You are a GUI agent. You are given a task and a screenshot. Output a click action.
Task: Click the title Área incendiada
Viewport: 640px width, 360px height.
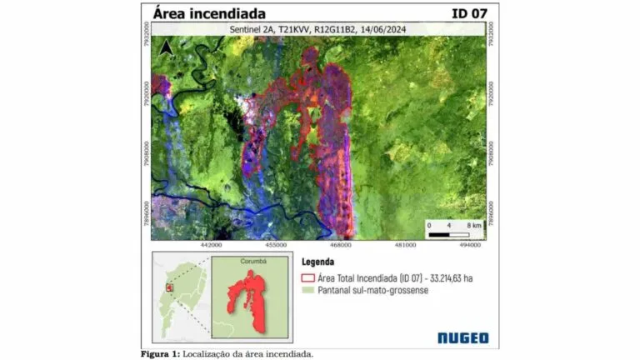pyautogui.click(x=209, y=14)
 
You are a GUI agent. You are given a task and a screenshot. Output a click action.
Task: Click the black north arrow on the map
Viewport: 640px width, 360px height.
pyautogui.click(x=167, y=48)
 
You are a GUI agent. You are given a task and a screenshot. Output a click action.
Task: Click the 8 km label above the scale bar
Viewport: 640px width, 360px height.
pyautogui.click(x=474, y=225)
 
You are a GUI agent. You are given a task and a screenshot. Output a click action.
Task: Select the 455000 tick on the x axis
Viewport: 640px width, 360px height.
pyautogui.click(x=276, y=245)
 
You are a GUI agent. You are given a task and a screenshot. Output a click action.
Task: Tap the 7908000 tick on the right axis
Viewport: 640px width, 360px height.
pyautogui.click(x=491, y=155)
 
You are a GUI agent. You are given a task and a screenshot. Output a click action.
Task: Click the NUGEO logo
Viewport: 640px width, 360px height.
pyautogui.click(x=462, y=337)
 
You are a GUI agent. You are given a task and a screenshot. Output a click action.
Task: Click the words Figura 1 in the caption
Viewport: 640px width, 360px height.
pyautogui.click(x=159, y=353)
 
